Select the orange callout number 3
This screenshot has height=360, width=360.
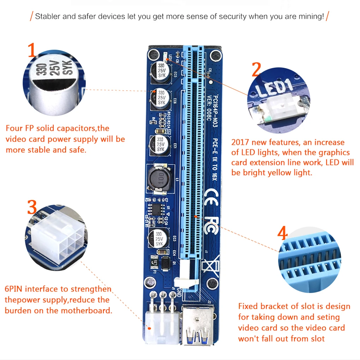tap(32, 208)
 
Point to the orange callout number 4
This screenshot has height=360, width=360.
tap(282, 233)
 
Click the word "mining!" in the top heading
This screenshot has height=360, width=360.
tap(311, 17)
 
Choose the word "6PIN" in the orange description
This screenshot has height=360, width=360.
tap(14, 289)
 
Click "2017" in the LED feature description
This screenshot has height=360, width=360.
tap(240, 143)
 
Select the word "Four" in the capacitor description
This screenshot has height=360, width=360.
tap(14, 128)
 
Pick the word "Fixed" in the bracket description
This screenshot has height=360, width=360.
tap(248, 306)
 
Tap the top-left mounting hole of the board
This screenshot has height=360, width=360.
tap(153, 54)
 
